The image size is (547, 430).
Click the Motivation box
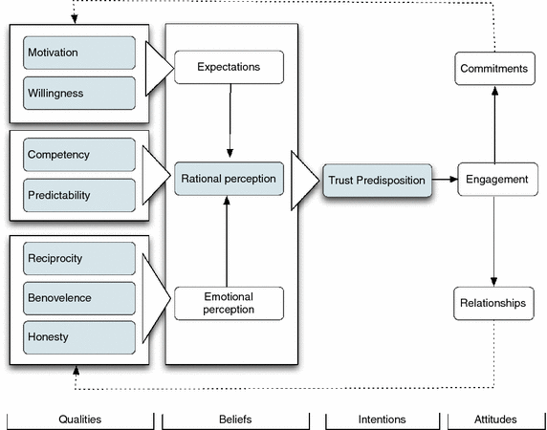coord(79,53)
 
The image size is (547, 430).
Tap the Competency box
coord(79,155)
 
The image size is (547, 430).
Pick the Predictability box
coord(79,195)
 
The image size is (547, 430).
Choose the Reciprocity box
coord(79,259)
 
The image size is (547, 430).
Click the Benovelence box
coord(79,298)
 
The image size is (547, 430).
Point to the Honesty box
coord(79,337)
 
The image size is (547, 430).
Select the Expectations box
coord(229,68)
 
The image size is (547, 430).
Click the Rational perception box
coord(229,179)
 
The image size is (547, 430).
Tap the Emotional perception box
coord(229,303)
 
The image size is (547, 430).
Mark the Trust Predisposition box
coord(376,180)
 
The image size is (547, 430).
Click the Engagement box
coord(493,180)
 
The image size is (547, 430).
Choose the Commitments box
coord(493,69)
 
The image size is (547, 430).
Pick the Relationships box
coord(493,304)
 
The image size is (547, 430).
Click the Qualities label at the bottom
coord(79,419)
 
